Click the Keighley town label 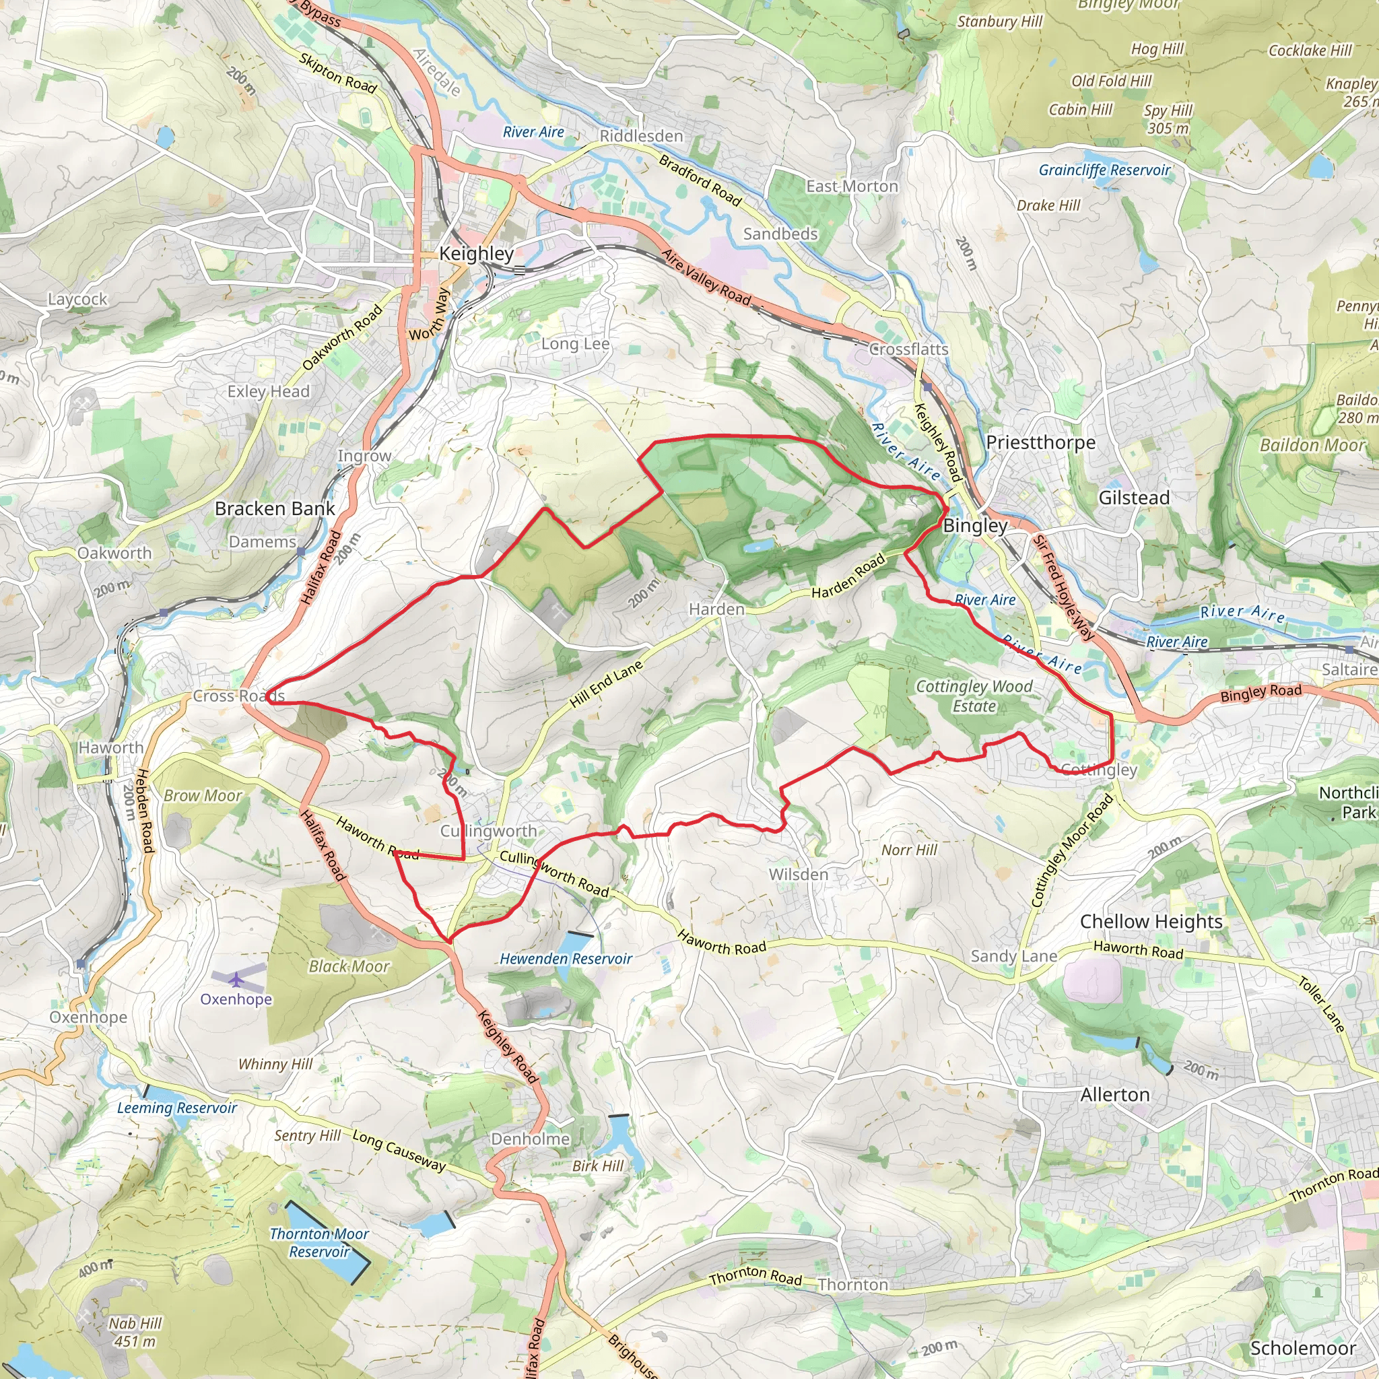pos(476,253)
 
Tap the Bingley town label pos(975,526)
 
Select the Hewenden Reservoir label pos(566,959)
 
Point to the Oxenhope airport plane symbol pos(236,979)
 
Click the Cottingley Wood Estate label pos(974,696)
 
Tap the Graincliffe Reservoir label pos(1104,170)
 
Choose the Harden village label pos(716,609)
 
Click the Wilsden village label pos(798,875)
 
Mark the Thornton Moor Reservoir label pos(319,1243)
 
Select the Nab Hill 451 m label pos(135,1332)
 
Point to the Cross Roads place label pos(238,696)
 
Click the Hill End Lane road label pos(606,684)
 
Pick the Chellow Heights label pos(1151,922)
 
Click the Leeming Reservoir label pos(177,1108)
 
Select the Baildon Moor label pos(1312,445)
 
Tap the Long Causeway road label pos(399,1151)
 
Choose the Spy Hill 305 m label pos(1168,119)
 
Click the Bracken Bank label pos(275,509)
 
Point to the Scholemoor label pos(1303,1348)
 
